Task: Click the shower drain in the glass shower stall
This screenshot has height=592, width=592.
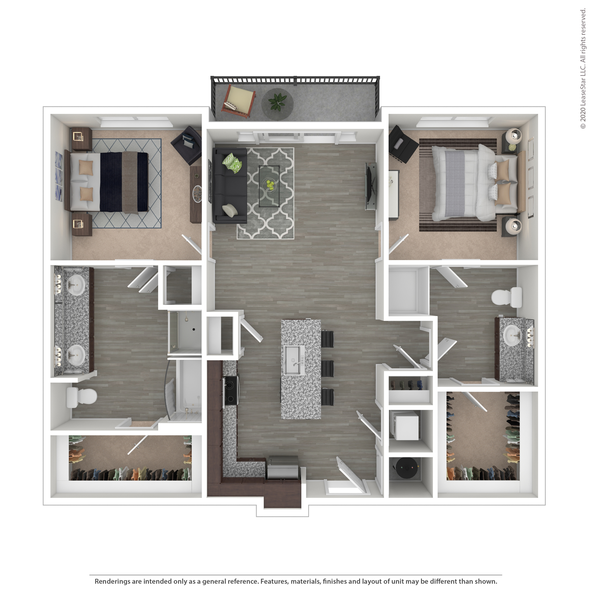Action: coord(194,330)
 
